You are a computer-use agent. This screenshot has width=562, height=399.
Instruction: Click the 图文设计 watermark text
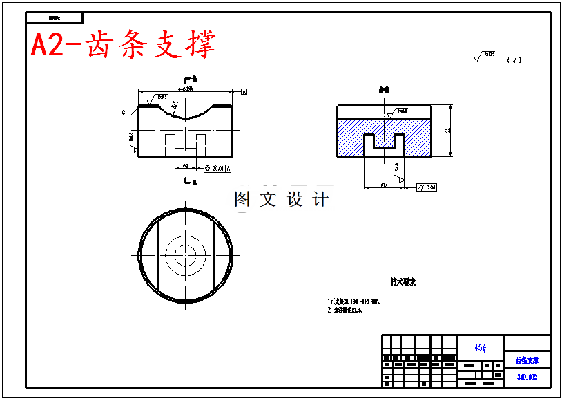click(x=282, y=200)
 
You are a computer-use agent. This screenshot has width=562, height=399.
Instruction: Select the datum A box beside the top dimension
click(x=244, y=91)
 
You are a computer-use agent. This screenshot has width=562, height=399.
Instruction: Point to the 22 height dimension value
click(x=448, y=130)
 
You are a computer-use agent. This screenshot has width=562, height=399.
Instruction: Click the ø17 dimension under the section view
click(x=384, y=185)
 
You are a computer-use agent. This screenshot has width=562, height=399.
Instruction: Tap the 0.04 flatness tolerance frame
click(x=427, y=187)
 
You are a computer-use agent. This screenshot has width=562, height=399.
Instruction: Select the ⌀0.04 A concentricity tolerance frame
click(x=218, y=168)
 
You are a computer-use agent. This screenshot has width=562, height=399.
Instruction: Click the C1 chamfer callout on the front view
click(x=125, y=112)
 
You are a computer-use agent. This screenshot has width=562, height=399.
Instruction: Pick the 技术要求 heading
click(x=403, y=282)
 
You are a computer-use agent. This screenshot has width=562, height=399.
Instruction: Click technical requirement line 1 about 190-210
click(x=353, y=302)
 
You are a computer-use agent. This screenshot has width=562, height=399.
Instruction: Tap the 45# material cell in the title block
click(x=480, y=347)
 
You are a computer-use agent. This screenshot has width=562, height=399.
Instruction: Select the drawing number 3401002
click(x=527, y=378)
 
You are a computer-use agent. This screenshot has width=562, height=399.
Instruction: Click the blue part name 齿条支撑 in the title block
click(x=527, y=361)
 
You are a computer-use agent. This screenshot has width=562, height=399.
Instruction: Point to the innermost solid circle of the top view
click(x=185, y=255)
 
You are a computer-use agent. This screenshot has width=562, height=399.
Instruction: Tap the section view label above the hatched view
click(x=384, y=90)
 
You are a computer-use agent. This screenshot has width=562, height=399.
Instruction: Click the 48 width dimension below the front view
click(x=185, y=166)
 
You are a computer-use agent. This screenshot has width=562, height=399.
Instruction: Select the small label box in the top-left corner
click(x=55, y=18)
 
